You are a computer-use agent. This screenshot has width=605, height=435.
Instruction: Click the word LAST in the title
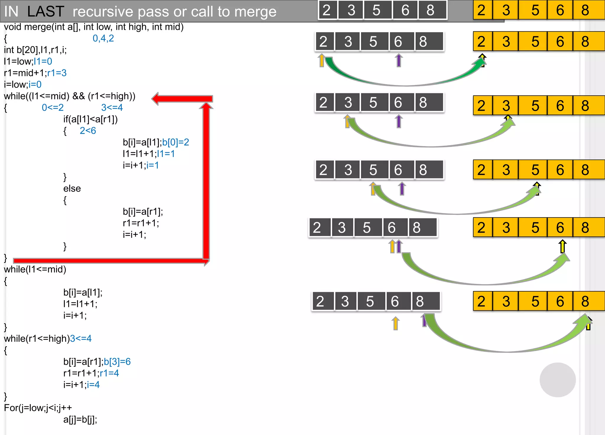45,12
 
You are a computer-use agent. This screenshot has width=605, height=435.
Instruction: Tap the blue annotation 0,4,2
103,38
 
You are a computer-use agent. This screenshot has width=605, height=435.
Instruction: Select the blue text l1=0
43,61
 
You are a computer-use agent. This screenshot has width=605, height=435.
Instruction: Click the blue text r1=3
57,73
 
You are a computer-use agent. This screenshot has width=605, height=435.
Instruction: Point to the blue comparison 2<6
88,131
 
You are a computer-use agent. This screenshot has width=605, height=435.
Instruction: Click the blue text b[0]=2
175,142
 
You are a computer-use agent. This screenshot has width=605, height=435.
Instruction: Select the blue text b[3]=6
117,362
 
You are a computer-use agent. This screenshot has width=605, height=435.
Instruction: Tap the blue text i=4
93,385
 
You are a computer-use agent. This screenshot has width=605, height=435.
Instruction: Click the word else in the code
72,189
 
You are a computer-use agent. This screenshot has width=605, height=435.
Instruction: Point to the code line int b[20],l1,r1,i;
35,50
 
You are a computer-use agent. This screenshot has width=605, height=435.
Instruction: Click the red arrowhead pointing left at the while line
156,99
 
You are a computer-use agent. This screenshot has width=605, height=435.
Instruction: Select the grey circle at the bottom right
557,380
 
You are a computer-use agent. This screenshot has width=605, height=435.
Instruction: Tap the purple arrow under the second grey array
399,60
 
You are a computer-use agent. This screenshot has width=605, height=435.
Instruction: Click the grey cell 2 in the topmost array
327,10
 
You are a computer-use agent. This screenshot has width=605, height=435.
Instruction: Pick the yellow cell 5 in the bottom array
535,301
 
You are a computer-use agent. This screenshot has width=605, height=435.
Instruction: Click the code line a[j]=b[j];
80,419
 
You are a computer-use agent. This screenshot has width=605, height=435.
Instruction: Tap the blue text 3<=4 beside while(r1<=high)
81,338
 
